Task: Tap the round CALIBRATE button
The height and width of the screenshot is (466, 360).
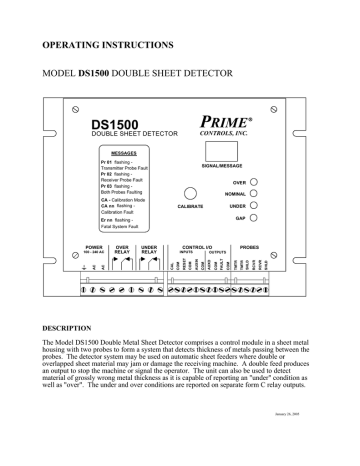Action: pyautogui.click(x=189, y=194)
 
